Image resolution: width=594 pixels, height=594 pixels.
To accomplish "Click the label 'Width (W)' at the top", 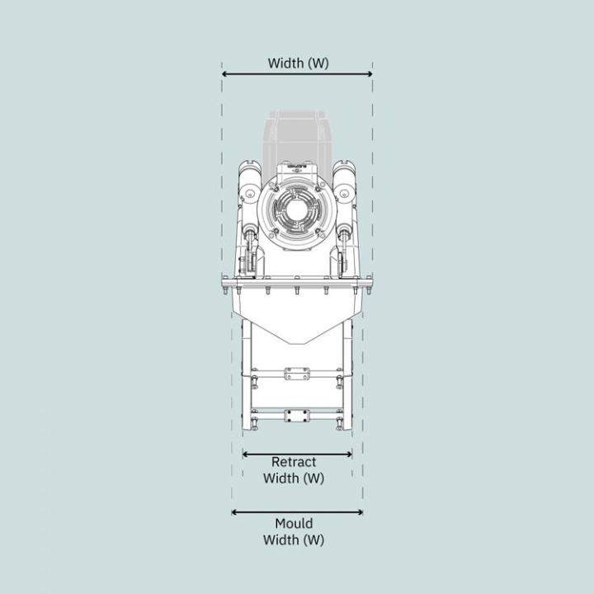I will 297,63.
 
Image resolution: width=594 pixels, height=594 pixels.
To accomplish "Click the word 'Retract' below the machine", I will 293,463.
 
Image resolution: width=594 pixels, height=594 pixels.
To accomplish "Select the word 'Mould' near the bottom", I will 294,524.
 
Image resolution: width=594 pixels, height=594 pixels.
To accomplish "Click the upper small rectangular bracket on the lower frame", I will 296,375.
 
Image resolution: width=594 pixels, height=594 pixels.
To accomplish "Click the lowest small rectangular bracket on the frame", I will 296,416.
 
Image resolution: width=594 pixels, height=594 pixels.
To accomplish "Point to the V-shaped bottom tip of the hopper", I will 296,342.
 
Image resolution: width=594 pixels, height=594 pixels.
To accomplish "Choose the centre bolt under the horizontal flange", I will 296,290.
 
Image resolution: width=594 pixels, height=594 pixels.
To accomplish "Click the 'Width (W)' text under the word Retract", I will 293,478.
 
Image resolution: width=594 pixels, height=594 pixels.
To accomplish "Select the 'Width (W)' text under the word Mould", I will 294,540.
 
